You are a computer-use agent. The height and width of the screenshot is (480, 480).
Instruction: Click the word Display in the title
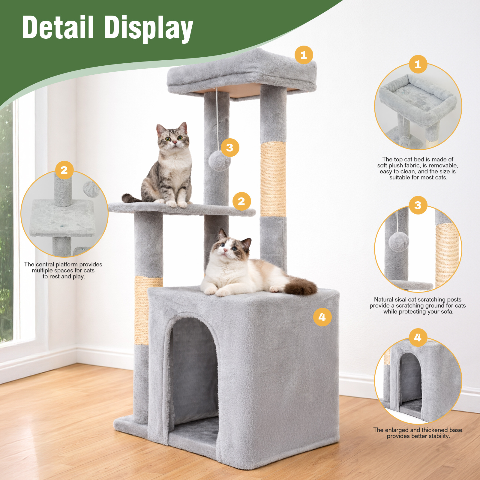pyautogui.click(x=148, y=29)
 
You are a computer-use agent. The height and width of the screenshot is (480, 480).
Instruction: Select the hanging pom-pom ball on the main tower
pyautogui.click(x=220, y=160)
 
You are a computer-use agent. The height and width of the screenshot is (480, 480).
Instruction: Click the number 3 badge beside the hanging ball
pyautogui.click(x=230, y=147)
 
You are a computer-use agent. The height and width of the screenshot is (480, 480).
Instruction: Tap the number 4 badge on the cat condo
pyautogui.click(x=322, y=317)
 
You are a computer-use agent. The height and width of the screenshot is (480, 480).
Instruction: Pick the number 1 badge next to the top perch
pyautogui.click(x=304, y=55)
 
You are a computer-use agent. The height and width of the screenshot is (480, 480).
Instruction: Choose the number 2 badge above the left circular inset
pyautogui.click(x=64, y=170)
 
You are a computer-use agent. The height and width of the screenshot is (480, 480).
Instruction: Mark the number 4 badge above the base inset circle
pyautogui.click(x=418, y=337)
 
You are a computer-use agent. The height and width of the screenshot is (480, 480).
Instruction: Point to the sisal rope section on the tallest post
pyautogui.click(x=273, y=179)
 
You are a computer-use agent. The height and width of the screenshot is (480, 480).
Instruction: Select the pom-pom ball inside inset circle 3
pyautogui.click(x=399, y=241)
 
